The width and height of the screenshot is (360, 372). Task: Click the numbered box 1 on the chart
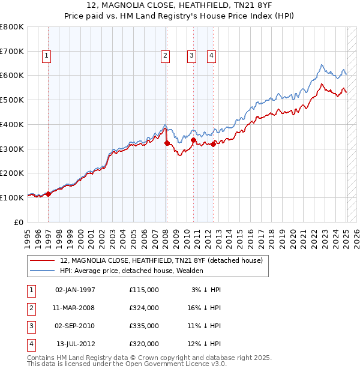pos(46,56)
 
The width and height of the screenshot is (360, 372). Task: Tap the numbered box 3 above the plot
pos(191,56)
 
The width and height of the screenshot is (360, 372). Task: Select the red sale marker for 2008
pos(167,143)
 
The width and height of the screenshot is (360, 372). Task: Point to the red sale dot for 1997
pos(48,194)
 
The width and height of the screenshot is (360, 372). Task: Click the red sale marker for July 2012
pos(214,144)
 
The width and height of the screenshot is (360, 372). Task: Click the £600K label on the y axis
pos(12,76)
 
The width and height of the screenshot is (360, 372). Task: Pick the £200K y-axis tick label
pos(12,173)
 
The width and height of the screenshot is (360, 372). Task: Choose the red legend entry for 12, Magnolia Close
pos(161,260)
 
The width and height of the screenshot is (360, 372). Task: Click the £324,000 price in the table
pos(144,308)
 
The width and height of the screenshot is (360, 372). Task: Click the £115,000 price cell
pos(144,290)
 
